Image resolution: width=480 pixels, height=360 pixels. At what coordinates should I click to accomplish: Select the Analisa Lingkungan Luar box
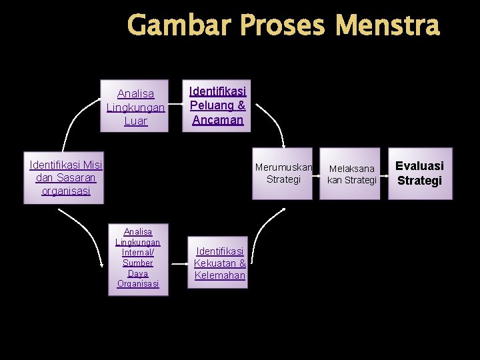click(x=135, y=107)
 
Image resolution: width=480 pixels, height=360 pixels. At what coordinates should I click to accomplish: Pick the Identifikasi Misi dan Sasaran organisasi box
click(x=66, y=177)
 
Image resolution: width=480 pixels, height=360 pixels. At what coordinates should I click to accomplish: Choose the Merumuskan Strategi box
click(x=283, y=173)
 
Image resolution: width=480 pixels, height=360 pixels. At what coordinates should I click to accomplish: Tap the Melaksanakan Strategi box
click(x=352, y=174)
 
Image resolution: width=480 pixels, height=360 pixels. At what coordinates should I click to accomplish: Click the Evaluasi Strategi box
click(x=419, y=173)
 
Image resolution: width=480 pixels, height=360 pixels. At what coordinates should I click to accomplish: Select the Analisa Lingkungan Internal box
click(x=138, y=258)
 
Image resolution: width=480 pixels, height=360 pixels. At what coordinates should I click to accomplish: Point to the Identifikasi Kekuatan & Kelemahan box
click(x=219, y=263)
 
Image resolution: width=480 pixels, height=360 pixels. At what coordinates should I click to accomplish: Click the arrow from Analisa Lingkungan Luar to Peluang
click(x=175, y=105)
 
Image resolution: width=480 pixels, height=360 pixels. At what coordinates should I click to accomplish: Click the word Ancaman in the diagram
click(x=217, y=120)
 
